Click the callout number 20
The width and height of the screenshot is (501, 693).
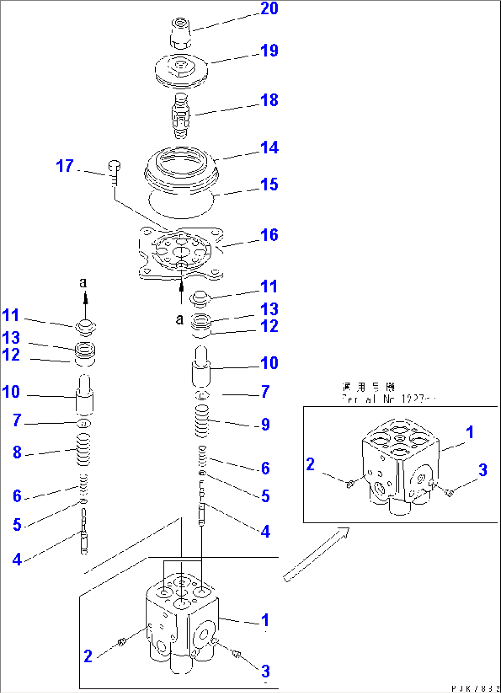click(x=269, y=9)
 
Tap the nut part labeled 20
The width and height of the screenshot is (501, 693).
click(x=182, y=33)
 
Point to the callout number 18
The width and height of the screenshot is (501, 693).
click(x=269, y=100)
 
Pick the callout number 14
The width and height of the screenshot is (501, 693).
click(x=269, y=148)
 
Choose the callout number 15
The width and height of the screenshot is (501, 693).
click(x=269, y=185)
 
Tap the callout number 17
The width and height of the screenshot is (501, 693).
click(x=65, y=166)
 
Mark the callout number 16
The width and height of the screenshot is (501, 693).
click(x=269, y=235)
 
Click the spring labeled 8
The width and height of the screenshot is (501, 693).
click(x=83, y=450)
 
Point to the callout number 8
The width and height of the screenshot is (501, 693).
click(x=17, y=452)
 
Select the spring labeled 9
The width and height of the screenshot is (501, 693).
click(x=202, y=421)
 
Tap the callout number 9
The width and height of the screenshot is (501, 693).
click(x=265, y=424)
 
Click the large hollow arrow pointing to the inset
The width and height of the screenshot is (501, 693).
click(x=316, y=554)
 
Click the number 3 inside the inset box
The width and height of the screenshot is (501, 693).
click(x=483, y=470)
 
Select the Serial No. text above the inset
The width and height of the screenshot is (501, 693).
click(x=388, y=399)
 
